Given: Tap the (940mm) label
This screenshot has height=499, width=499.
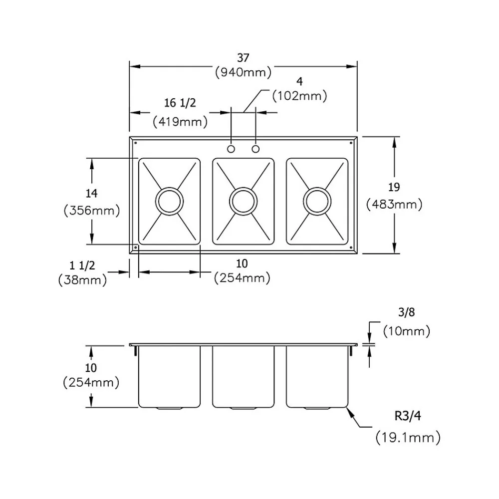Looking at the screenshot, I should click(243, 72).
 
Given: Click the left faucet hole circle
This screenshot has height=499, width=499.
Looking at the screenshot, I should click(231, 149).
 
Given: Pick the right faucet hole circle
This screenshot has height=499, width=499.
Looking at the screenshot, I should click(256, 149).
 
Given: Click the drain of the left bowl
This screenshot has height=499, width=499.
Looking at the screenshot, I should click(169, 201).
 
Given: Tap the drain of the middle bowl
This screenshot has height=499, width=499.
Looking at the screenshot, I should click(243, 201).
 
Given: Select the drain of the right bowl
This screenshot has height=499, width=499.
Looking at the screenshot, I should click(317, 201).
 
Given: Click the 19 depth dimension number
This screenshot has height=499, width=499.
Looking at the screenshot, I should click(394, 188).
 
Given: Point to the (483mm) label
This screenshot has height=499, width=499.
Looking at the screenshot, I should click(394, 204).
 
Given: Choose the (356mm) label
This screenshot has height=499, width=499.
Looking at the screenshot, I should click(92, 211).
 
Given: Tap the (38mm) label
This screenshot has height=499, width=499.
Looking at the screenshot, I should click(82, 280).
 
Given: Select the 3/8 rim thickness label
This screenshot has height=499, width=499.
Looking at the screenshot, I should click(407, 313).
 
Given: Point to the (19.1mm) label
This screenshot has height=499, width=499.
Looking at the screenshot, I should click(408, 438).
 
